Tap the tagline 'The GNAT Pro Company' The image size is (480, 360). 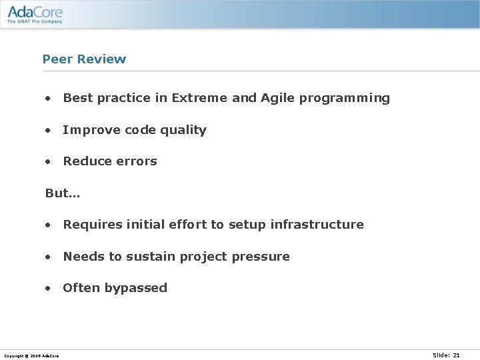(35, 21)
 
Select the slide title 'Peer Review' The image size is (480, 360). (84, 59)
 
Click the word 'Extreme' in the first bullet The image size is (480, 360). (199, 98)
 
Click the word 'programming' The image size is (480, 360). (345, 99)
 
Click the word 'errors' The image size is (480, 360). (137, 161)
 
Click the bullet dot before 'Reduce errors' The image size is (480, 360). (48, 162)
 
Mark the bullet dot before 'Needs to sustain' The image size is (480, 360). (48, 257)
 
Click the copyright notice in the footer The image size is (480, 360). (31, 356)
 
